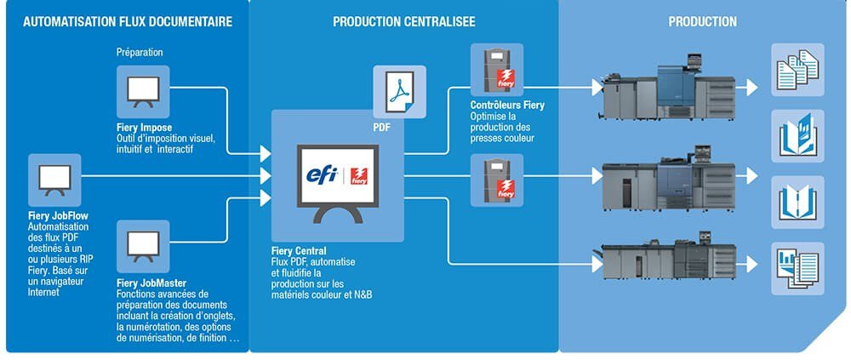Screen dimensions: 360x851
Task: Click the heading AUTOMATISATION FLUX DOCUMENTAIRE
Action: click(127, 21)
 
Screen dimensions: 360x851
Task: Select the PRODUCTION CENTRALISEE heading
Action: click(404, 21)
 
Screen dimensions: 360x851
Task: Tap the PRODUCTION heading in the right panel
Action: click(702, 21)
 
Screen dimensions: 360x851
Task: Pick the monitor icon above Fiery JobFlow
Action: click(54, 180)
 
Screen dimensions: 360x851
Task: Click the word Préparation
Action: click(140, 52)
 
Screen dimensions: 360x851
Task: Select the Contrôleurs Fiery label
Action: click(507, 106)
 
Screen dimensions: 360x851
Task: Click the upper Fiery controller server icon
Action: click(497, 70)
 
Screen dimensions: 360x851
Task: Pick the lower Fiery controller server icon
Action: click(497, 180)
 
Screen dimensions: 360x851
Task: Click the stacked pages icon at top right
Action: click(797, 70)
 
